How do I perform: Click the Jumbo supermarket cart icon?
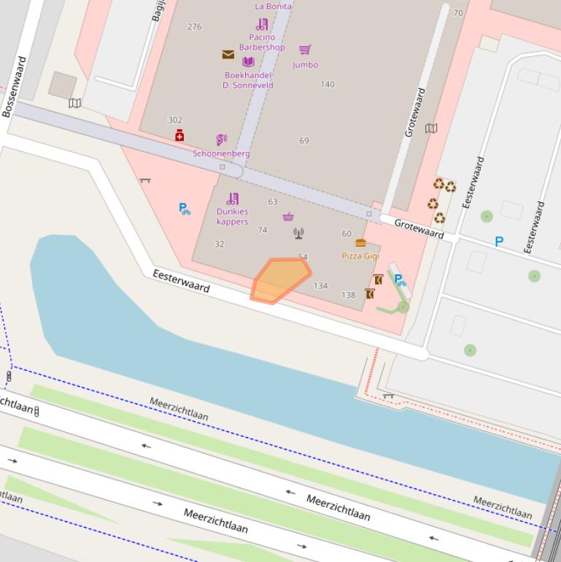[x=305, y=50]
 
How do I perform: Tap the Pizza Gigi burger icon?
[x=360, y=243]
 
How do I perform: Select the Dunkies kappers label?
[x=232, y=217]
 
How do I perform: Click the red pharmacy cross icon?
[x=179, y=136]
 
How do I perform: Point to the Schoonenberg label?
[x=221, y=153]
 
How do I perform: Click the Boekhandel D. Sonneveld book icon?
[x=248, y=62]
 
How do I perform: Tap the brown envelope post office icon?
[x=228, y=55]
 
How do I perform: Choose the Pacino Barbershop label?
[x=262, y=42]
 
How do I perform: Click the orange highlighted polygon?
[x=280, y=280]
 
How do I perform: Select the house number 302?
[x=175, y=120]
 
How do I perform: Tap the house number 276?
[x=194, y=27]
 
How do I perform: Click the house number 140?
[x=328, y=84]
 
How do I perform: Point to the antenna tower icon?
[x=298, y=234]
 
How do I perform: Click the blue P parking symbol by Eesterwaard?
[x=499, y=242]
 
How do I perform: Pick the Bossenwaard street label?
[x=15, y=86]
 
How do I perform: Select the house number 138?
[x=348, y=295]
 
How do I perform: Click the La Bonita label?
[x=273, y=7]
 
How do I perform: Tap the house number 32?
[x=219, y=244]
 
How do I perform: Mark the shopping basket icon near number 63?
[x=288, y=217]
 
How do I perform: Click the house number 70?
[x=458, y=13]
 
